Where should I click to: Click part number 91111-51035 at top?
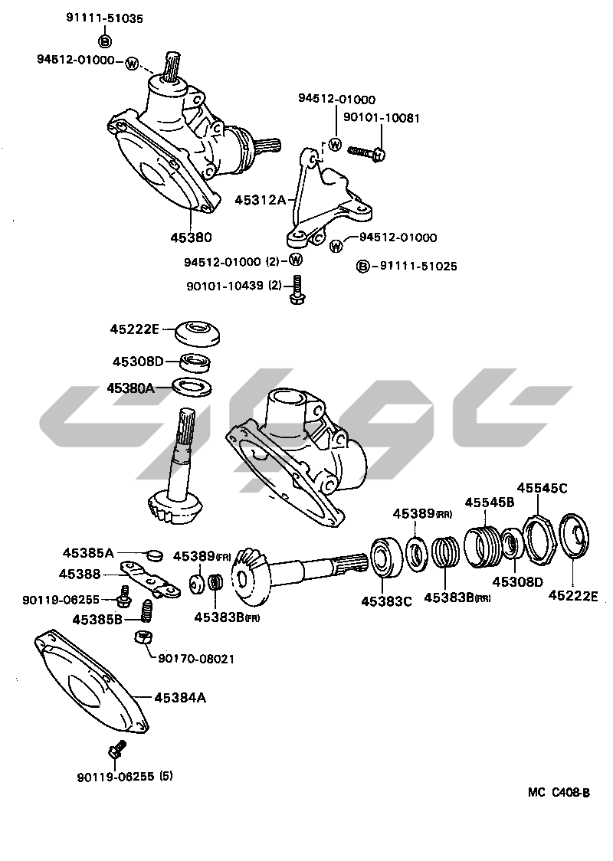pos(105,18)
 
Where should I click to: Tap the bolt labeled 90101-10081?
pos(367,152)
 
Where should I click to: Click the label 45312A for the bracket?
pos(260,201)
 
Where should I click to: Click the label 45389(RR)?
pos(421,514)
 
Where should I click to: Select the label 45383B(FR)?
pos(226,617)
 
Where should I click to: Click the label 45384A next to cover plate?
pos(181,697)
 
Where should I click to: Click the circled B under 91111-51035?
pos(105,40)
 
